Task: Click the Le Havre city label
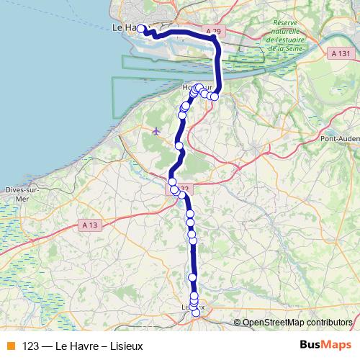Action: click(x=126, y=27)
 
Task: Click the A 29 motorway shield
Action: click(x=211, y=32)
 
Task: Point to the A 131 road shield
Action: click(x=342, y=54)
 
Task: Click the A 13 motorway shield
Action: click(x=89, y=225)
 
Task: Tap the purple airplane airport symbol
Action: click(x=157, y=130)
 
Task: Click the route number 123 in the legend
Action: click(x=30, y=345)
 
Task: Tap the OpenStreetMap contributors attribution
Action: click(x=297, y=322)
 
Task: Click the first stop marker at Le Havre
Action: click(x=142, y=30)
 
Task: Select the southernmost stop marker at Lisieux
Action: click(x=195, y=312)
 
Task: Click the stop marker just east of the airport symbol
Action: click(x=179, y=145)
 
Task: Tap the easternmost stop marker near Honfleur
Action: click(x=215, y=96)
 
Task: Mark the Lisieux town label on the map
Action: click(x=193, y=307)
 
